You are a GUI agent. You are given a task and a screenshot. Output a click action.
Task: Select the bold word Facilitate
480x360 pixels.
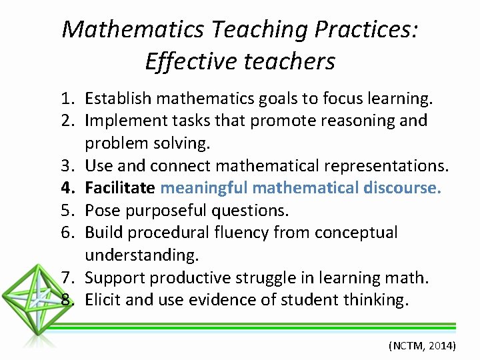[x=121, y=188]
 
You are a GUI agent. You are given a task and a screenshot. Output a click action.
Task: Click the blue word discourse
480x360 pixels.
[x=403, y=188]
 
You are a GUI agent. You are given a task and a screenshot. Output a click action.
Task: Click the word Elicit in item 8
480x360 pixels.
[x=103, y=299]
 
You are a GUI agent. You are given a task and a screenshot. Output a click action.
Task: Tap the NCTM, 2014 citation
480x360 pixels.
[x=422, y=346]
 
